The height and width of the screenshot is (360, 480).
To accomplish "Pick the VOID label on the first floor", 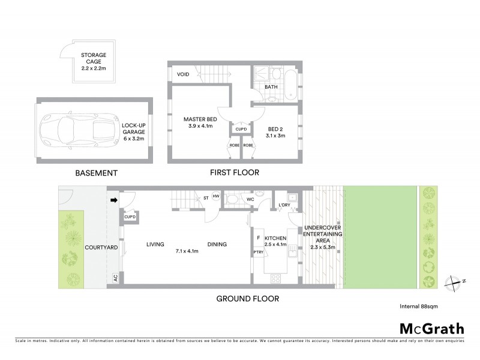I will [184, 74].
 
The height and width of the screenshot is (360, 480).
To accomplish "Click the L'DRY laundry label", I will [285, 206].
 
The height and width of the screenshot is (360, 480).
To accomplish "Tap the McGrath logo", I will [431, 328].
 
